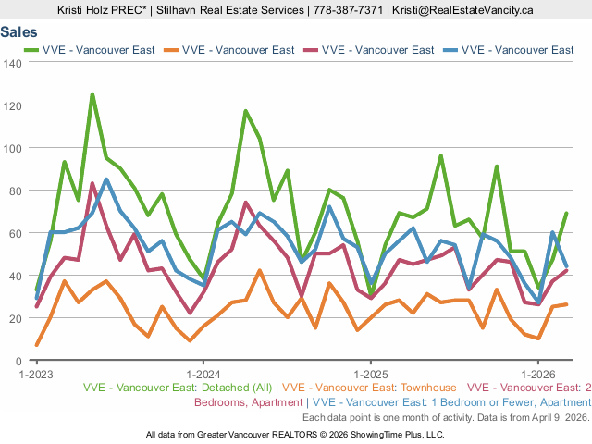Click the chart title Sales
[19, 31]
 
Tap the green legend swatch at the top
[29, 50]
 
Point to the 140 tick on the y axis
[13, 63]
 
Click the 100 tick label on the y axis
[13, 148]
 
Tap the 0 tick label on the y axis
[18, 361]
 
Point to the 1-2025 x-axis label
[370, 374]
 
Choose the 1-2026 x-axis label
[537, 374]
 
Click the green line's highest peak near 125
[92, 93]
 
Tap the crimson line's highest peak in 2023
[92, 183]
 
